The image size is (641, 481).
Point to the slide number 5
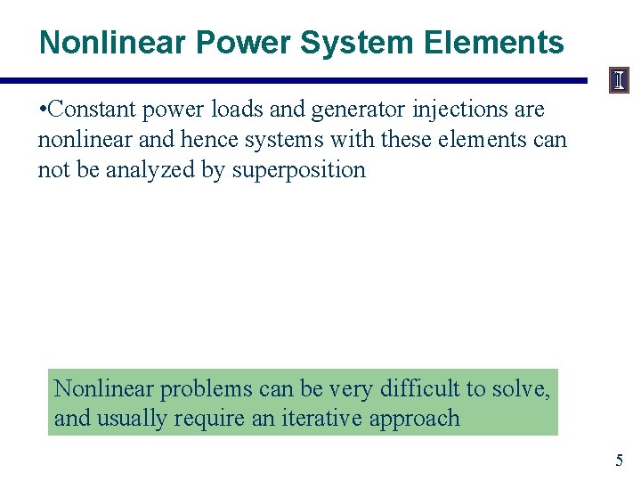point(620,461)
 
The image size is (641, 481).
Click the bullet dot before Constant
point(44,110)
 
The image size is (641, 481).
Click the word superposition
point(298,170)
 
